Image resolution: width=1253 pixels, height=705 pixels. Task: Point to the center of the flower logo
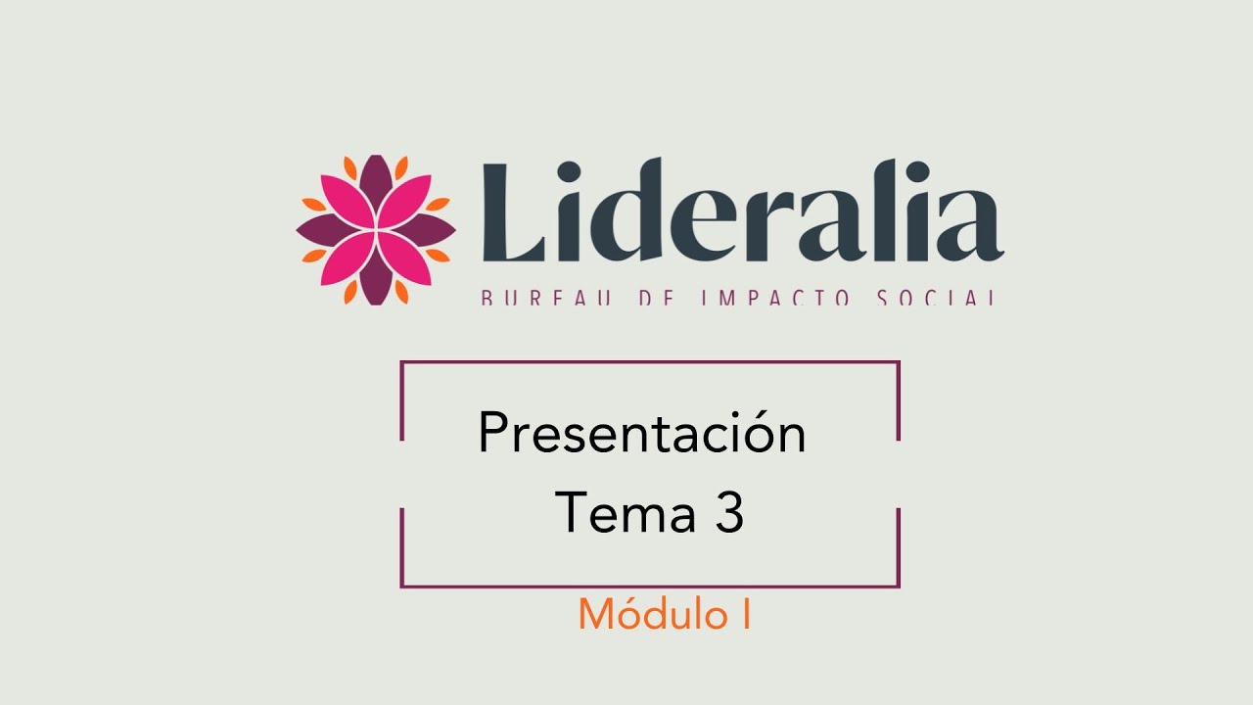(x=376, y=230)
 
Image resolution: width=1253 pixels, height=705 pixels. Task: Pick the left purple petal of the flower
(x=325, y=230)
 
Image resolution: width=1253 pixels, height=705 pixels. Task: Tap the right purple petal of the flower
(x=427, y=230)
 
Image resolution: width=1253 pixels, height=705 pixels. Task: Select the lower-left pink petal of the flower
(x=348, y=258)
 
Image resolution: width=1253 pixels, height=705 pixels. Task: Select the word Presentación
(x=641, y=434)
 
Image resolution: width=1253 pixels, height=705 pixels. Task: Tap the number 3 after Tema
(x=728, y=513)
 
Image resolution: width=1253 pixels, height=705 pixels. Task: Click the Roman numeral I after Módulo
(x=746, y=614)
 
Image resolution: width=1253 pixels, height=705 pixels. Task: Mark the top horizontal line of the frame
(x=650, y=362)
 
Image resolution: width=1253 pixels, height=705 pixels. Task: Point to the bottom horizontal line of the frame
(x=650, y=587)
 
